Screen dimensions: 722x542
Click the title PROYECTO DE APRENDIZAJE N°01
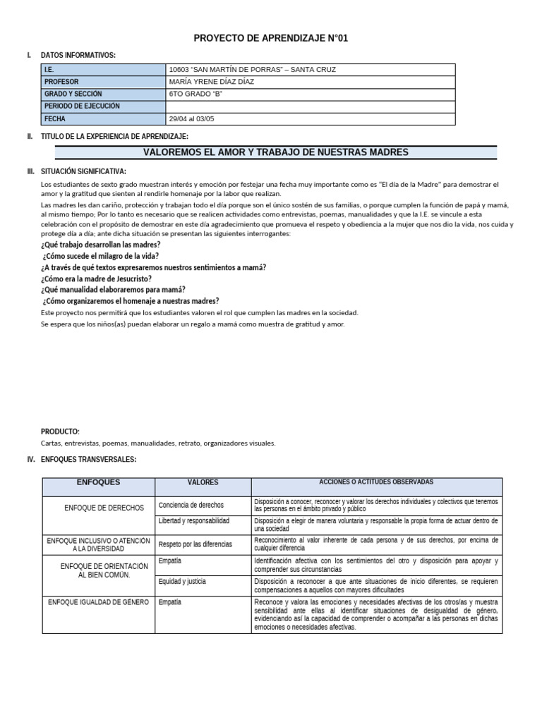pos(271,39)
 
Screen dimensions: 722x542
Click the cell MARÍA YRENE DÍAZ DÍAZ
pos(212,82)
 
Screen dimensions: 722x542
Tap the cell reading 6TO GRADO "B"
pos(191,94)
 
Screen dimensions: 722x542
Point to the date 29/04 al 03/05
pos(192,119)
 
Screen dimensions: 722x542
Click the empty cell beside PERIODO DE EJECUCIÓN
pos(311,106)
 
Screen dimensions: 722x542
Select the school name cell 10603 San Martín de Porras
pos(253,70)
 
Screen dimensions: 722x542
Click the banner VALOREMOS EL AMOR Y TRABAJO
pos(276,152)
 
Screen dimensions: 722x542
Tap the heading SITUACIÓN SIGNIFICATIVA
pos(84,171)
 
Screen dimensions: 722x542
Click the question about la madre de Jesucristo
pos(96,279)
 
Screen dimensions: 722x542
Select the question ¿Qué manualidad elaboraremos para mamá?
pos(113,289)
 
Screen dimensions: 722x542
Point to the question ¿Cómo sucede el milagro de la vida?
pos(100,256)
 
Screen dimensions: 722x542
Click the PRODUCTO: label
pos(60,432)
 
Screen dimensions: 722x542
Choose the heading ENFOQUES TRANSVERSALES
pos(88,460)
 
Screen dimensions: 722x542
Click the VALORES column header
pos(203,483)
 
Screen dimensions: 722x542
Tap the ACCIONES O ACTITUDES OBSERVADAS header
pos(376,482)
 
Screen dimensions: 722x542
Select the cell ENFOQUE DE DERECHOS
pos(104,508)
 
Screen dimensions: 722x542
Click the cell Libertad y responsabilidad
pos(194,521)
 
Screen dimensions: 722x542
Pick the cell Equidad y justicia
pos(183,582)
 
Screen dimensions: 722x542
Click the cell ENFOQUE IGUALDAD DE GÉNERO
pos(98,602)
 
